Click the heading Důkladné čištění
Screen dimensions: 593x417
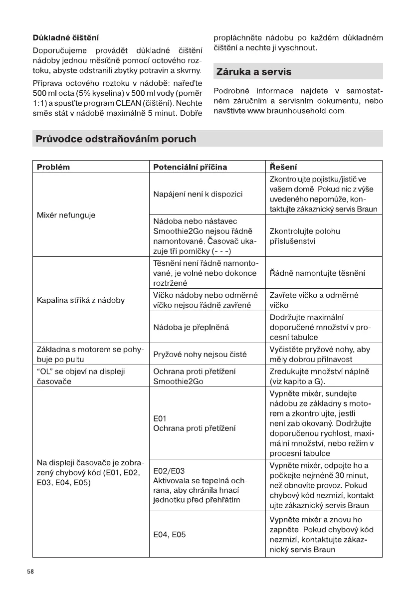(66, 37)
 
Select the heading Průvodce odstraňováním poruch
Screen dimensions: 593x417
(115, 139)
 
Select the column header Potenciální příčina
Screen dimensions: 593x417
(191, 167)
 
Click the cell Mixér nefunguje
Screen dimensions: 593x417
(66, 215)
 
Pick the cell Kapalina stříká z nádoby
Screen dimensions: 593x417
(81, 300)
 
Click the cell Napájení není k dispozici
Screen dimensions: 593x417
(198, 194)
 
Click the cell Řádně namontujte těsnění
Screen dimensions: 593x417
(317, 273)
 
